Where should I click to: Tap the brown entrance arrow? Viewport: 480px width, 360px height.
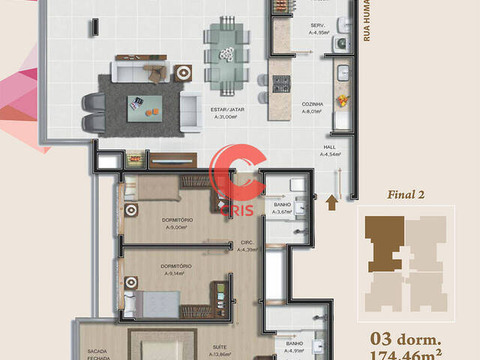tap(332, 199)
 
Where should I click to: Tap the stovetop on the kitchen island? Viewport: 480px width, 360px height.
tap(280, 84)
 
